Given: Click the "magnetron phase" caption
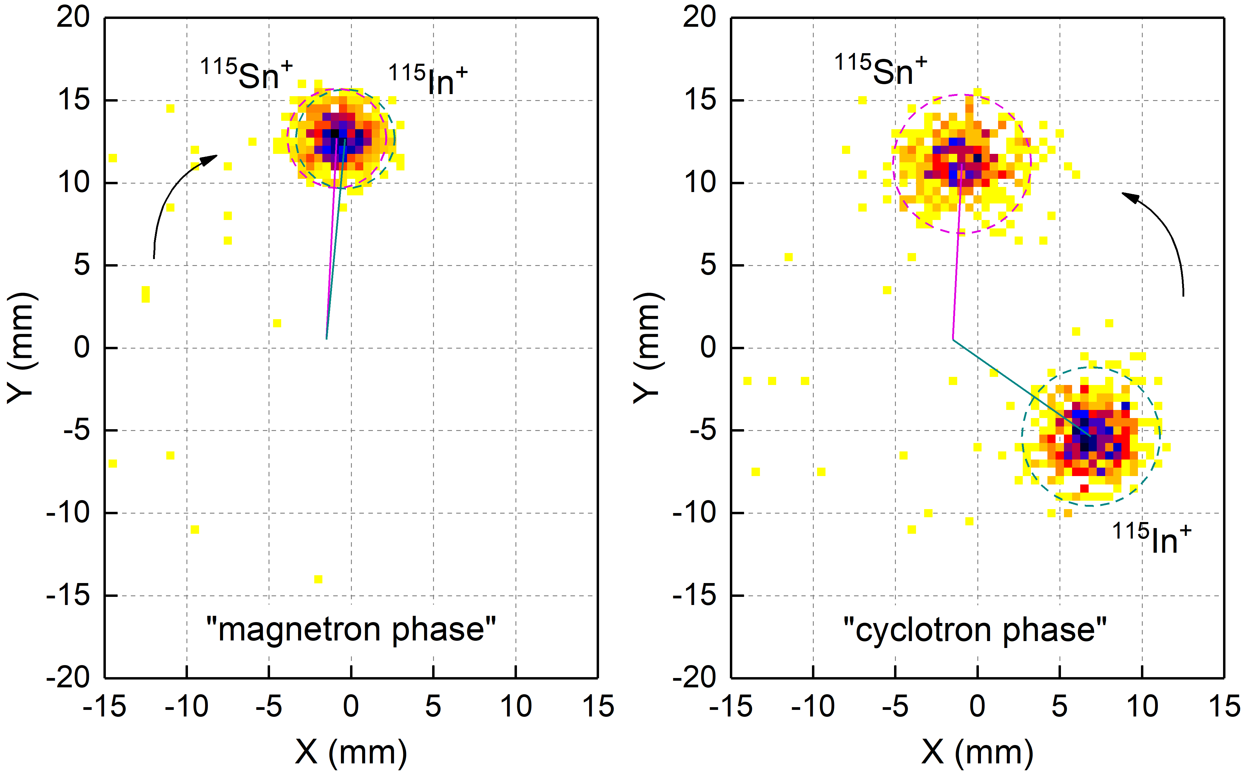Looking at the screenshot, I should [x=351, y=630].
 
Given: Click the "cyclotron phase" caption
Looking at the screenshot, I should [x=974, y=630].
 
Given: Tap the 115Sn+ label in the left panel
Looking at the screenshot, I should [x=246, y=75].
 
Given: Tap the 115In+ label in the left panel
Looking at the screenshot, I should [x=428, y=80].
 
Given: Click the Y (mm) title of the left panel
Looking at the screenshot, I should [x=22, y=348].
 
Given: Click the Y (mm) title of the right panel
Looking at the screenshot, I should [x=648, y=348].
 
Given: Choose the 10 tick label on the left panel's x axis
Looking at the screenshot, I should [x=515, y=706].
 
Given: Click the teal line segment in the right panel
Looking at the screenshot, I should [x=1021, y=387].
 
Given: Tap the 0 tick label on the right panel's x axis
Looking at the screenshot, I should [x=977, y=706].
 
